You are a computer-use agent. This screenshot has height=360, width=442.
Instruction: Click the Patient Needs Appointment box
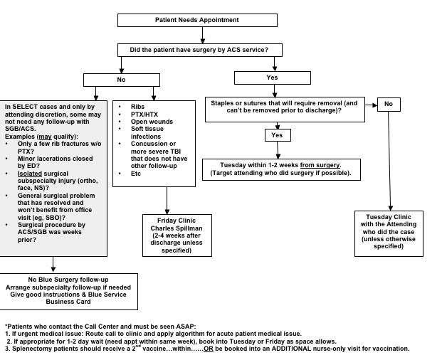[x=202, y=20]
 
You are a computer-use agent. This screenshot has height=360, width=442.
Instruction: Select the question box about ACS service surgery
[x=200, y=50]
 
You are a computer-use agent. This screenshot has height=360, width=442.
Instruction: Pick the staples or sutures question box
[x=285, y=107]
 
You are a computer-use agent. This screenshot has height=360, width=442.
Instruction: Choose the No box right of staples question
[x=389, y=104]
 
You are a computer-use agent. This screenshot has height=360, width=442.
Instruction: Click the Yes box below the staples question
[x=277, y=134]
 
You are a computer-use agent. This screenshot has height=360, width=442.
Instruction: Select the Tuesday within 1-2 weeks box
[x=280, y=169]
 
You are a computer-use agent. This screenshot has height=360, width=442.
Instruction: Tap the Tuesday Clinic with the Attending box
[x=389, y=231]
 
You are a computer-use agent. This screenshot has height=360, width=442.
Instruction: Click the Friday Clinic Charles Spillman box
[x=176, y=235]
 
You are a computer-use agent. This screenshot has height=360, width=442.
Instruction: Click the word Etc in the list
[x=136, y=173]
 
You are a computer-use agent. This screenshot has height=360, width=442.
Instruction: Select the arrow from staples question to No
[x=369, y=104]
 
